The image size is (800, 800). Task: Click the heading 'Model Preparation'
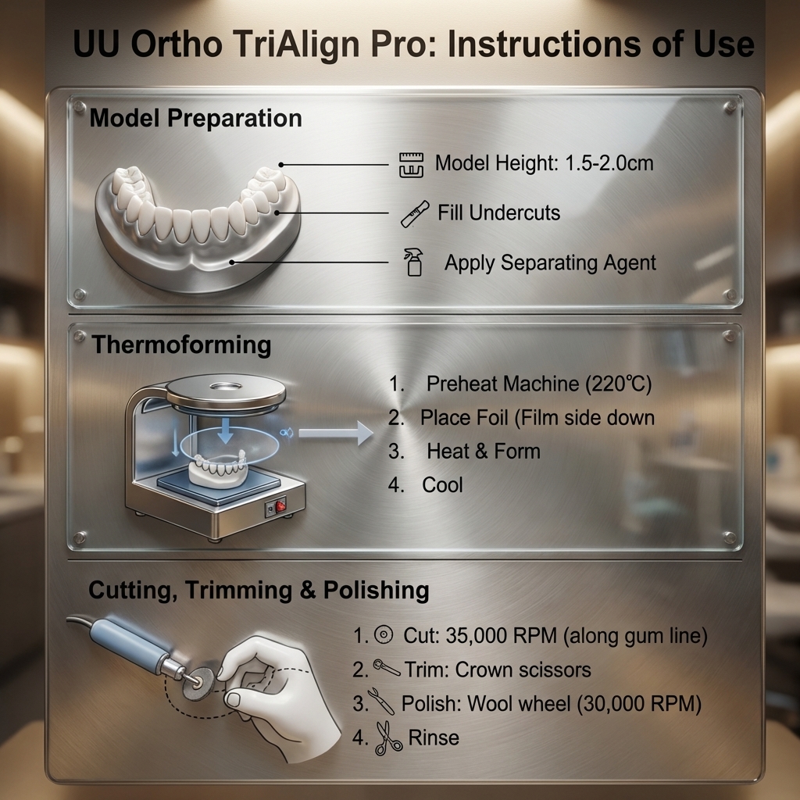195,119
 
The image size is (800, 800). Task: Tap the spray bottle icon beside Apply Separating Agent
413,262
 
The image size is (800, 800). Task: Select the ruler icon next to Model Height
410,164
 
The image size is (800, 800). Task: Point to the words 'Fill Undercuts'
498,212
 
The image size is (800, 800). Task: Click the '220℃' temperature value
622,384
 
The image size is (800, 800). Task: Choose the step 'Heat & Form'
483,451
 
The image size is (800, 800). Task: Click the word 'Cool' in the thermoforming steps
442,485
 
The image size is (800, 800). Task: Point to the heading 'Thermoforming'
181,345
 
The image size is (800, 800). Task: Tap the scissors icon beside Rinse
388,737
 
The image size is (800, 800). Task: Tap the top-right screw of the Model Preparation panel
730,105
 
